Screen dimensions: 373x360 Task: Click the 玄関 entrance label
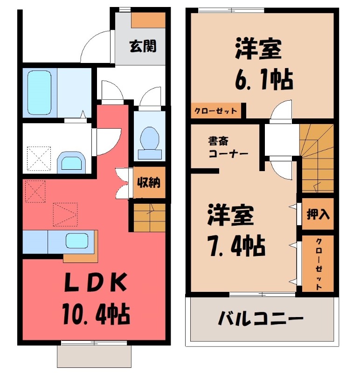pos(143,46)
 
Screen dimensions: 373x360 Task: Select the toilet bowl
pos(149,138)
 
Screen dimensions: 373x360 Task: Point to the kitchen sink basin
pos(77,241)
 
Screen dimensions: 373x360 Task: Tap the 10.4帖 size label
pos(97,315)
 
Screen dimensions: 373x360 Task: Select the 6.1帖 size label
pos(263,80)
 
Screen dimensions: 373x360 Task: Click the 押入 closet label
pos(318,214)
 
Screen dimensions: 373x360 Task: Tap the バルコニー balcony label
pos(261,320)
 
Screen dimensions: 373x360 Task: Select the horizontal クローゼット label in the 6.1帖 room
pos(216,111)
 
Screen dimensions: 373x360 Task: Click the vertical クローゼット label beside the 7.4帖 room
pos(318,264)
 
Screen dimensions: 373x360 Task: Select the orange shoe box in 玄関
pos(148,20)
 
